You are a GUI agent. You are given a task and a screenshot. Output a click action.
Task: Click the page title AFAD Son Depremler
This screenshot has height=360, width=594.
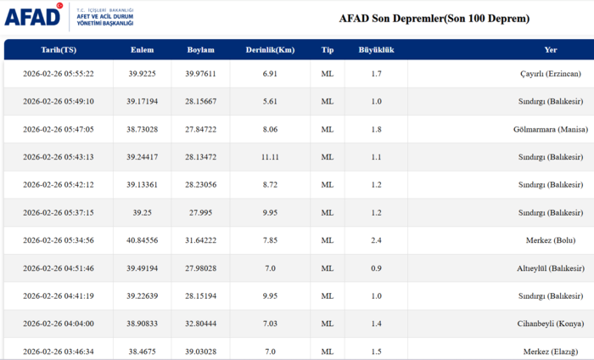pyautogui.click(x=434, y=18)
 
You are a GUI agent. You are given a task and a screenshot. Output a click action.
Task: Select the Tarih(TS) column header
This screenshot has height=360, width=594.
pyautogui.click(x=58, y=50)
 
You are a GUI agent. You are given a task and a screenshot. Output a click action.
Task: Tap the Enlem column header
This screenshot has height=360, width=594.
pyautogui.click(x=142, y=50)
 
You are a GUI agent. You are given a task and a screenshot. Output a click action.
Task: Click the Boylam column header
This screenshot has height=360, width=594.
pyautogui.click(x=200, y=50)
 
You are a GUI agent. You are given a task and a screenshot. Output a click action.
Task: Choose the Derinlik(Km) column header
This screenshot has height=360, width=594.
pyautogui.click(x=271, y=50)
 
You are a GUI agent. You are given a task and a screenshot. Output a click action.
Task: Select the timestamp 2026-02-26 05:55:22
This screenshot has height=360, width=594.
pyautogui.click(x=58, y=74)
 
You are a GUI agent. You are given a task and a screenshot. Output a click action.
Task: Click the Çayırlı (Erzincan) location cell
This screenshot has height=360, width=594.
pyautogui.click(x=551, y=74)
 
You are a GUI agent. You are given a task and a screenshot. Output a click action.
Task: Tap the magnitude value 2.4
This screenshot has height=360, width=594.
pyautogui.click(x=376, y=241)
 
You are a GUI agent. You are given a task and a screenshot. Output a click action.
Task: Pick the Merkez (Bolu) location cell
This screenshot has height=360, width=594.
pyautogui.click(x=555, y=241)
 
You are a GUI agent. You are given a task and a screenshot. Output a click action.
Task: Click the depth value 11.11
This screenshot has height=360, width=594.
pyautogui.click(x=271, y=157)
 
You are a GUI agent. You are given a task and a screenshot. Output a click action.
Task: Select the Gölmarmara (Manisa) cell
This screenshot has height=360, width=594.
pyautogui.click(x=546, y=129)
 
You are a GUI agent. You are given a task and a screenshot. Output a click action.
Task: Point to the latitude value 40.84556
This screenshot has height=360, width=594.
pyautogui.click(x=142, y=241)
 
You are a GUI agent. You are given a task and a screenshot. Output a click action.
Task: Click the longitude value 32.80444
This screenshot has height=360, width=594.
pyautogui.click(x=200, y=324)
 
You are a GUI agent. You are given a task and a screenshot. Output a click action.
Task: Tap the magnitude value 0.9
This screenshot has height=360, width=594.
pyautogui.click(x=376, y=269)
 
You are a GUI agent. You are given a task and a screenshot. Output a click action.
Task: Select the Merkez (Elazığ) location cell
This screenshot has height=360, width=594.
pyautogui.click(x=552, y=352)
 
